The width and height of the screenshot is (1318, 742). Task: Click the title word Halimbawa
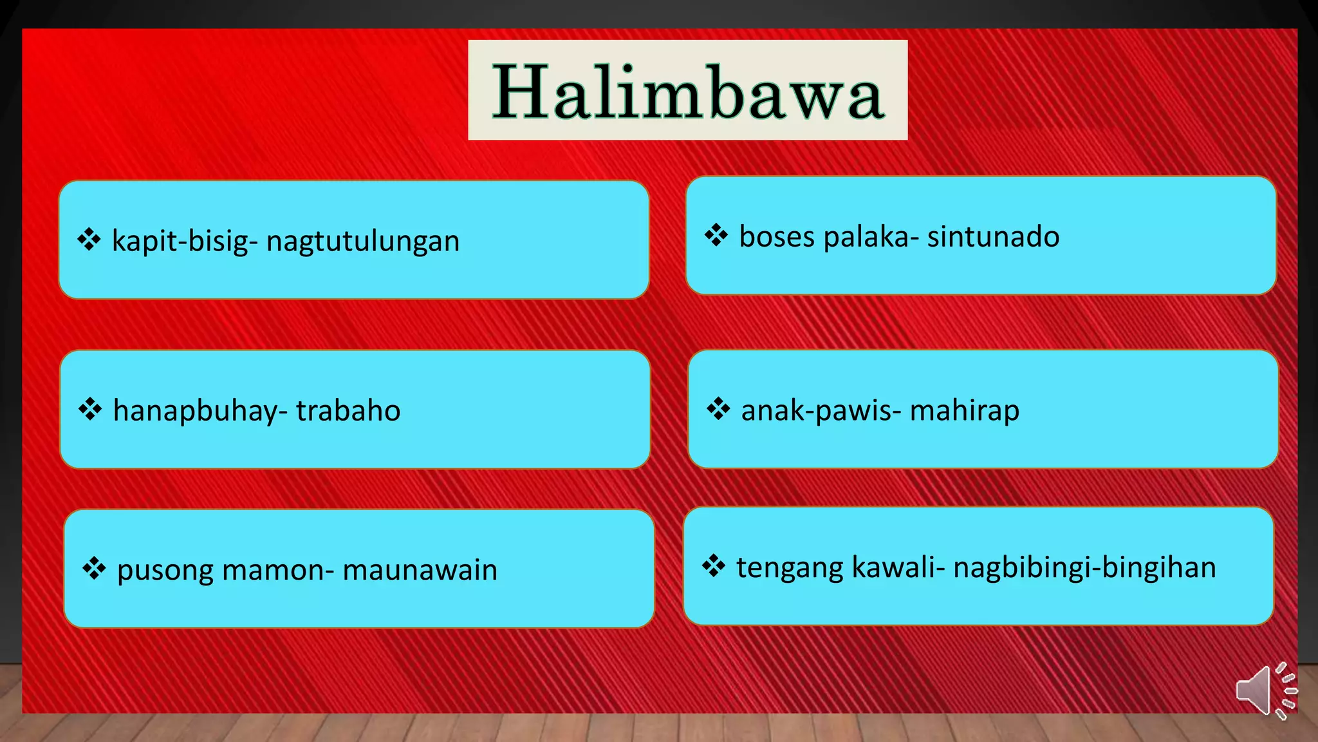687,91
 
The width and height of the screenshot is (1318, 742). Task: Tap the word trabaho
348,410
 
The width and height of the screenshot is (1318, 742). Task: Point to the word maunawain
420,570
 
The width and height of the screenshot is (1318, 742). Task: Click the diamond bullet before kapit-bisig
89,240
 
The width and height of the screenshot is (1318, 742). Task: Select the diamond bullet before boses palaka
716,235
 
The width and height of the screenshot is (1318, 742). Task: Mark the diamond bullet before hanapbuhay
90,409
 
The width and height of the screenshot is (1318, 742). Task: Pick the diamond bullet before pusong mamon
94,569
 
